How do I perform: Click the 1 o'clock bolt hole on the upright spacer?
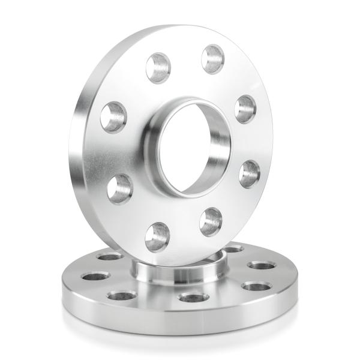[x=212, y=59]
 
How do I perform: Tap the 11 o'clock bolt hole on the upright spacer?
[x=158, y=67]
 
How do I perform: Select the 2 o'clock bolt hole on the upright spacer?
[x=245, y=109]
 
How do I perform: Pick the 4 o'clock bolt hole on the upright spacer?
[x=249, y=173]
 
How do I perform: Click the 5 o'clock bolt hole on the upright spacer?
[x=211, y=221]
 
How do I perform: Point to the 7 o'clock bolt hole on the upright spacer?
[x=157, y=236]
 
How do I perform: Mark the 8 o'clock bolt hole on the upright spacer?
[x=119, y=188]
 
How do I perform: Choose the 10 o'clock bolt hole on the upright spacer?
[x=113, y=117]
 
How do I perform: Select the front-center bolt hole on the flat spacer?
[x=193, y=297]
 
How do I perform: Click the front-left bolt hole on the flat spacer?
[x=122, y=295]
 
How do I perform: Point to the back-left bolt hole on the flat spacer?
[x=110, y=257]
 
